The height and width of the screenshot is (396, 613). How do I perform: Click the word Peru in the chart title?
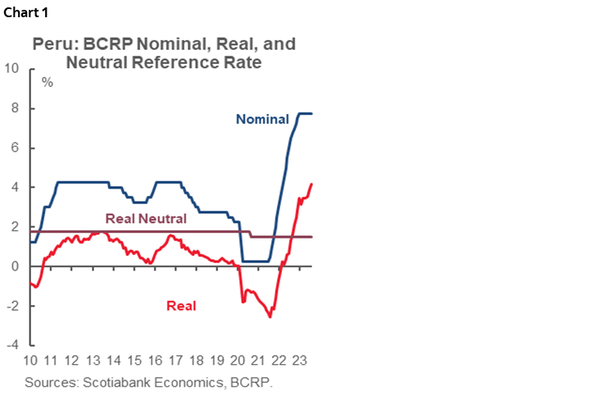[52, 44]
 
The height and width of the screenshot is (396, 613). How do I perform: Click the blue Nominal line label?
[261, 119]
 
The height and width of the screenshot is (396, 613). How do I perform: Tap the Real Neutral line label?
[146, 218]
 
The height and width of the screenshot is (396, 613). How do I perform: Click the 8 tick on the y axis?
[16, 108]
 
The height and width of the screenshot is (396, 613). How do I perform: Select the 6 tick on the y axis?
[16, 148]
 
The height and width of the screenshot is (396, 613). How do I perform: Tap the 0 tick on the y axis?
[16, 266]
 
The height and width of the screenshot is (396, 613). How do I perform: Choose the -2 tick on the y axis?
[13, 306]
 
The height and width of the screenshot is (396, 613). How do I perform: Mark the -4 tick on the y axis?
[13, 345]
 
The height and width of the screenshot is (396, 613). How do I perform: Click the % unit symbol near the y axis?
[47, 82]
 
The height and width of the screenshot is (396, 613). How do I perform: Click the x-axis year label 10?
[31, 361]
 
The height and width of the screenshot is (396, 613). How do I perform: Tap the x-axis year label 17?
[175, 361]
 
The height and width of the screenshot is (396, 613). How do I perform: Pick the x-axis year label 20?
[238, 361]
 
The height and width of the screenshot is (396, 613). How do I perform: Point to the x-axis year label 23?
[300, 361]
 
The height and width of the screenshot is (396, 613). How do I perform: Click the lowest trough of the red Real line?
[270, 316]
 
